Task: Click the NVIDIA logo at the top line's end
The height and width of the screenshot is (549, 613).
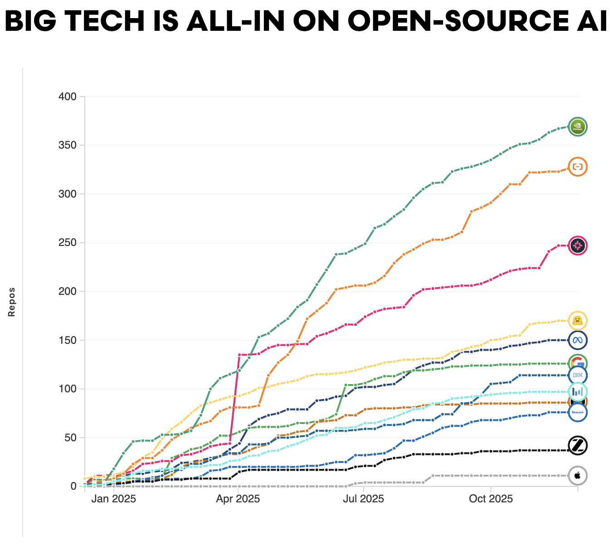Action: click(x=577, y=126)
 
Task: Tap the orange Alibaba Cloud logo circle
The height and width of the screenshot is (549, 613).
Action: click(x=577, y=167)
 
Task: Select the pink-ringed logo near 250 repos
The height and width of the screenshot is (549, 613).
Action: click(x=577, y=246)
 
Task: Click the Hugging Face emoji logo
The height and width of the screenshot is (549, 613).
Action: click(x=577, y=321)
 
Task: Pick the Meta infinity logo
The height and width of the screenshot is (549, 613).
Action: click(x=577, y=340)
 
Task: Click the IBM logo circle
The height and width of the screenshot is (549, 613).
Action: click(x=577, y=375)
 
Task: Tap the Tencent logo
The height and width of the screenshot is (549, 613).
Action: click(x=577, y=412)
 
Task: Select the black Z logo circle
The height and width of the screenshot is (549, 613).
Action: click(x=577, y=446)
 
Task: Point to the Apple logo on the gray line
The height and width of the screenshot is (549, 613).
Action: click(x=577, y=476)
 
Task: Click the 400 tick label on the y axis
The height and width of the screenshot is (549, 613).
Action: click(x=68, y=96)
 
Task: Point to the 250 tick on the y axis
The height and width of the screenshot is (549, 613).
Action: click(x=68, y=243)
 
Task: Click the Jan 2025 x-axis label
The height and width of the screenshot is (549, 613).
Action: click(x=113, y=499)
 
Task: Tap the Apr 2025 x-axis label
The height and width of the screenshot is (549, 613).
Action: click(x=238, y=499)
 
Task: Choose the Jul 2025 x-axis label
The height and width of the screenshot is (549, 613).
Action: click(x=363, y=499)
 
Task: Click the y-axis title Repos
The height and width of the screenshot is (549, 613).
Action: click(x=12, y=302)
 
